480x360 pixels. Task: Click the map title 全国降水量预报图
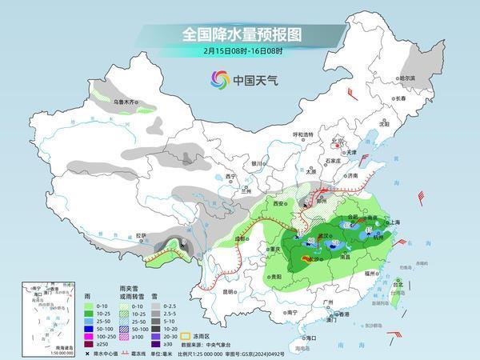click(239, 34)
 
